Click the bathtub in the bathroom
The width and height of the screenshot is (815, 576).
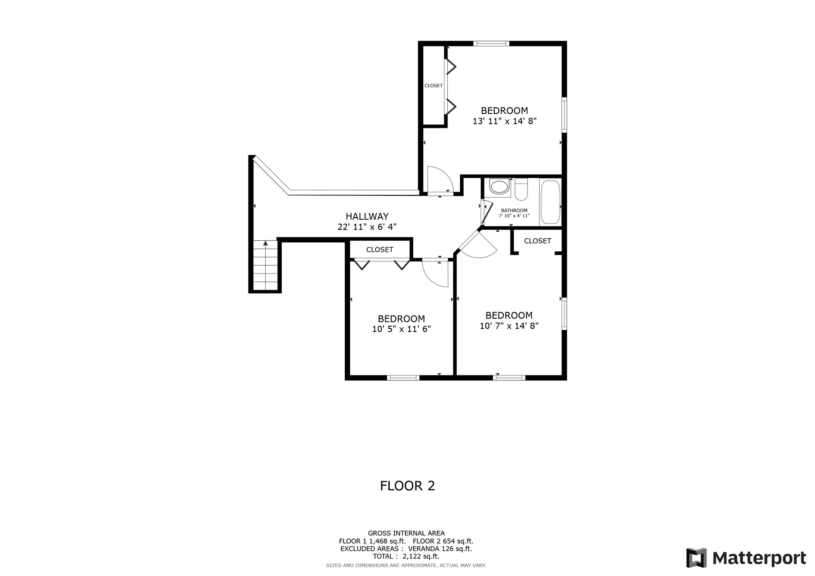pyautogui.click(x=550, y=202)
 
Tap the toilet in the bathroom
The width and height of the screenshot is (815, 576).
pyautogui.click(x=521, y=190)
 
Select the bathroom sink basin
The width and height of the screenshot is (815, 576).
pyautogui.click(x=499, y=187)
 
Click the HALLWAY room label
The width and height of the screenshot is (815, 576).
pyautogui.click(x=367, y=216)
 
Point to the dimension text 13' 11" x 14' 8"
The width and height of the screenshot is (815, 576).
pyautogui.click(x=504, y=121)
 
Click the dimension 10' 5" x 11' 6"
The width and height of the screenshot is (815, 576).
pyautogui.click(x=401, y=329)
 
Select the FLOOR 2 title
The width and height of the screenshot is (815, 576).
pyautogui.click(x=407, y=486)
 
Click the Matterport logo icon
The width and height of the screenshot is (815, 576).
pyautogui.click(x=696, y=558)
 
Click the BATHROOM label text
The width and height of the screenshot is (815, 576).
pyautogui.click(x=514, y=211)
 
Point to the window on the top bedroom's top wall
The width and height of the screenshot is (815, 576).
pyautogui.click(x=491, y=44)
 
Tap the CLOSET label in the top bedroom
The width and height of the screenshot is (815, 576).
pyautogui.click(x=433, y=86)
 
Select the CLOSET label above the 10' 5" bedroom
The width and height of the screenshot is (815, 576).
pyautogui.click(x=379, y=250)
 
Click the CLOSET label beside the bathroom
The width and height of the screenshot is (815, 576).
pyautogui.click(x=537, y=241)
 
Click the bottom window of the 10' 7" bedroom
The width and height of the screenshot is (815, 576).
pyautogui.click(x=509, y=378)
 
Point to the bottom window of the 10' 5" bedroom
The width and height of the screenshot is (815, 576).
pyautogui.click(x=403, y=378)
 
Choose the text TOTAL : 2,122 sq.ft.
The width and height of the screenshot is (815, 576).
pyautogui.click(x=406, y=556)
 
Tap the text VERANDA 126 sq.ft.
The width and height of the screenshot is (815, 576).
pyautogui.click(x=440, y=549)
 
